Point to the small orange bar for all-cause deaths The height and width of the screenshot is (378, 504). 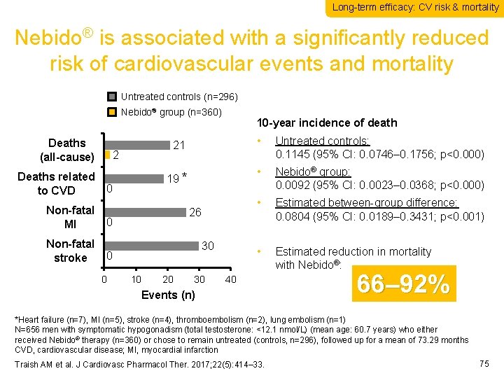click(107, 155)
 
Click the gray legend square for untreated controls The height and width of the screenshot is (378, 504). click(113, 97)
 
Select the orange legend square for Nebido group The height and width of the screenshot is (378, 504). click(113, 112)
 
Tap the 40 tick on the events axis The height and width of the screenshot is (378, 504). click(230, 280)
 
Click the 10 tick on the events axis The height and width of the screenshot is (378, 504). click(136, 280)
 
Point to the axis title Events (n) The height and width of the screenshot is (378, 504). click(168, 295)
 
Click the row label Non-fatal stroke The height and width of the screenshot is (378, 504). click(70, 251)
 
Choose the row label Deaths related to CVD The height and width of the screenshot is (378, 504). click(56, 183)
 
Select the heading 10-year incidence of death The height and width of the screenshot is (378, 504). click(328, 122)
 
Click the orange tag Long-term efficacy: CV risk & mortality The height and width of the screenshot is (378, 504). click(415, 8)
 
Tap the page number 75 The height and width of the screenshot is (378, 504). click(483, 363)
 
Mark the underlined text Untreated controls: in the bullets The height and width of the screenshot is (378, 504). click(323, 140)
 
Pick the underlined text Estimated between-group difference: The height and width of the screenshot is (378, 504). click(367, 202)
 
